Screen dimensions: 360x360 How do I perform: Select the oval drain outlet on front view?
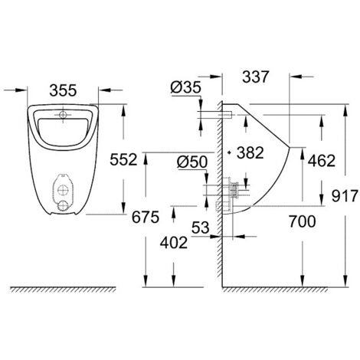tap(63, 191)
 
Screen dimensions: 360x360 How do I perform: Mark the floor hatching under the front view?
tap(65, 292)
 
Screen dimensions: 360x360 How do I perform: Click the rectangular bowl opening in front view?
tap(63, 125)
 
